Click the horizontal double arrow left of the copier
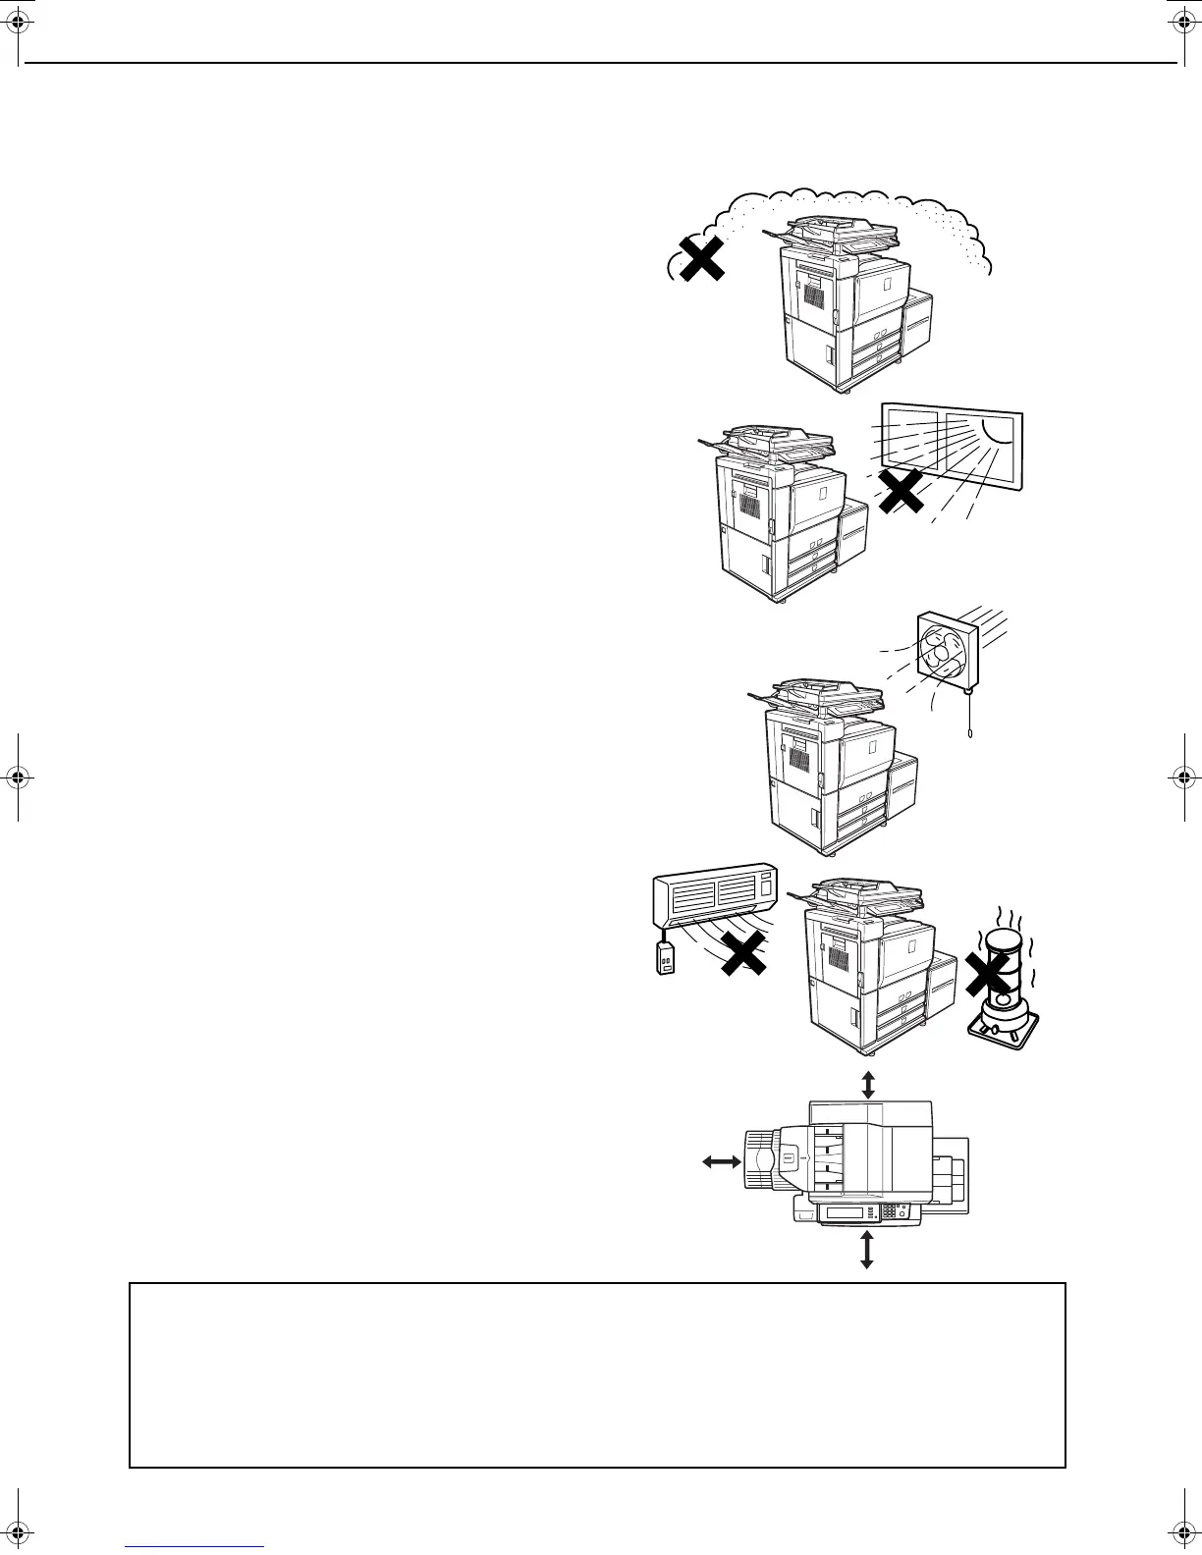(722, 1161)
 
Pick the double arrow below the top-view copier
(866, 1249)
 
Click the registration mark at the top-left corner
(20, 20)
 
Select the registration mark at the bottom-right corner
(1181, 1535)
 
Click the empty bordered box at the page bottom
(597, 1374)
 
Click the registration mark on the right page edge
(1181, 777)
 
